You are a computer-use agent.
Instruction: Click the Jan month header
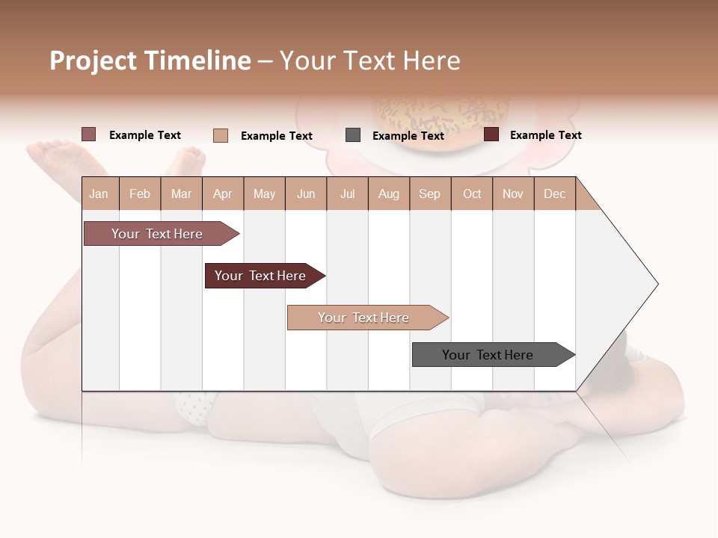click(x=99, y=194)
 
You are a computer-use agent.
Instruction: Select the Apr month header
click(x=222, y=194)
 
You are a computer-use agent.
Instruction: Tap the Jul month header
click(x=347, y=194)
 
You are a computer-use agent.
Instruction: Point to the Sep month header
click(x=429, y=194)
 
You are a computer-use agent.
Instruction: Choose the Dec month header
click(x=554, y=194)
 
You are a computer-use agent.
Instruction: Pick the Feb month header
click(x=140, y=194)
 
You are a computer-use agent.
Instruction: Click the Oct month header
click(x=472, y=194)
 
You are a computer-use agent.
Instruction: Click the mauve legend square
click(x=89, y=134)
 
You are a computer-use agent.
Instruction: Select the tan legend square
click(x=221, y=135)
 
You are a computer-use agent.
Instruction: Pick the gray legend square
click(x=353, y=135)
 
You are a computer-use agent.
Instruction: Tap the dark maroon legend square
click(x=491, y=134)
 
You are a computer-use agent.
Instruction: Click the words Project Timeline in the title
click(x=150, y=61)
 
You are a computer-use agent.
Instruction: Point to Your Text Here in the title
click(x=369, y=61)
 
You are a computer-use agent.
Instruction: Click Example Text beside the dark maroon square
click(x=545, y=135)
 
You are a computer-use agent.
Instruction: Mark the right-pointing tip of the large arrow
click(x=656, y=284)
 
